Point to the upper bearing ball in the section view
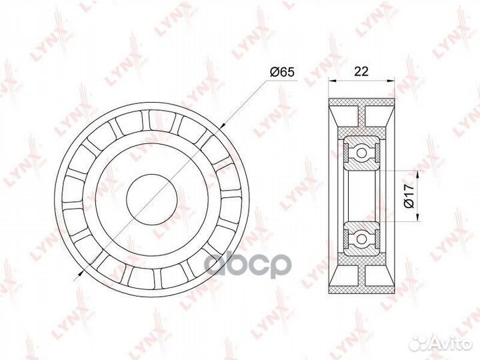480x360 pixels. (x=361, y=153)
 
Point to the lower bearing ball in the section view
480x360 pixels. (x=361, y=237)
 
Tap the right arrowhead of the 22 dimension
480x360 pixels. (x=391, y=82)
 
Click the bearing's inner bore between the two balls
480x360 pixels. (x=360, y=195)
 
